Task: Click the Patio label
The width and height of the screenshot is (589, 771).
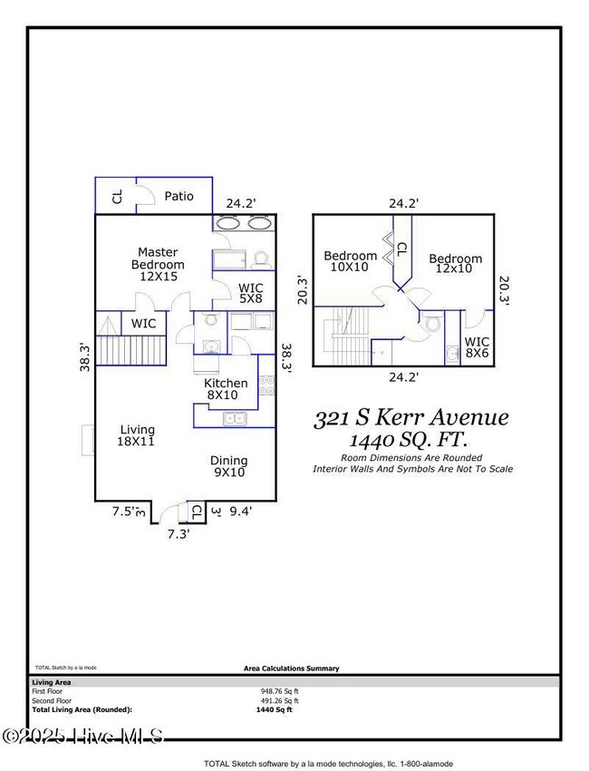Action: click(x=179, y=196)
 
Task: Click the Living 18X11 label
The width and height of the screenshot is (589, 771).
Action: click(x=138, y=436)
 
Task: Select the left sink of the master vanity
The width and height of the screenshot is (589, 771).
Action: click(x=229, y=223)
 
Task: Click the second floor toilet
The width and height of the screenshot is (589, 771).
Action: click(x=432, y=324)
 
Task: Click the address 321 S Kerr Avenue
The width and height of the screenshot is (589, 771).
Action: click(x=410, y=418)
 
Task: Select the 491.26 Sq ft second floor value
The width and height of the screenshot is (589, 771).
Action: click(x=280, y=700)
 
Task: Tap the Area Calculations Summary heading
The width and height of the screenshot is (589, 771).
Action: click(x=292, y=669)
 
